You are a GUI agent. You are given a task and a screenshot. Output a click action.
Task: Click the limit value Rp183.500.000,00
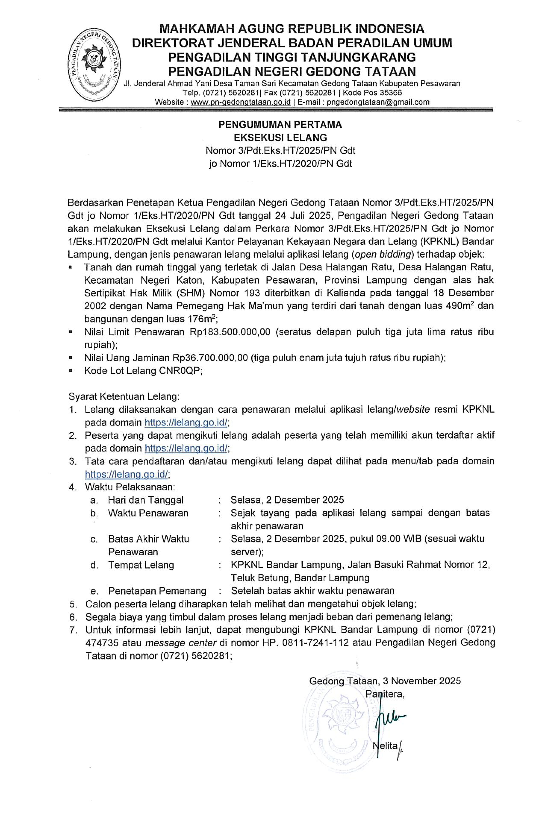point(230,332)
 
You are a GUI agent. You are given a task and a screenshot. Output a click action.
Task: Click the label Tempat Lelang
point(141,565)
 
